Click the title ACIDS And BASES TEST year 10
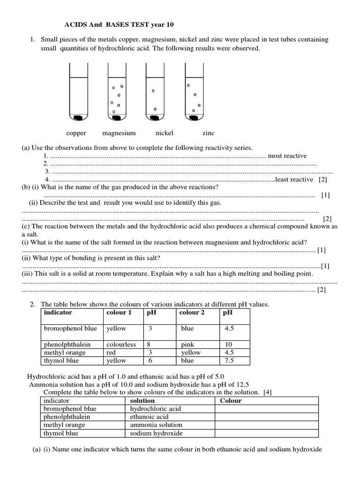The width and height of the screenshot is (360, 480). pos(121,24)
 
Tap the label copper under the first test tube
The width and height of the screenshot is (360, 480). pos(76,133)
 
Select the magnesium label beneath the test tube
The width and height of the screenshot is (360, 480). pos(119,133)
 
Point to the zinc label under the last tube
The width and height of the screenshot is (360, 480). pos(208,133)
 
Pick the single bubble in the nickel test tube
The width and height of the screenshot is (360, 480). pos(153,90)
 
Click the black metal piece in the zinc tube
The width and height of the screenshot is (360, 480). pos(193,116)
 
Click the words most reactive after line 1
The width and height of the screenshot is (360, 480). pos(287,156)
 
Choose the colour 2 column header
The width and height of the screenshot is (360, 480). pos(193,312)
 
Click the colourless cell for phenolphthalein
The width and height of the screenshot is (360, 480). pos(121,344)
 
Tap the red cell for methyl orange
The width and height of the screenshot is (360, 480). pos(112,352)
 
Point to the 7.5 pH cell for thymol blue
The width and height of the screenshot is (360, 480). pos(229,360)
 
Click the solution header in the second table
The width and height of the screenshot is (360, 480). pos(142,401)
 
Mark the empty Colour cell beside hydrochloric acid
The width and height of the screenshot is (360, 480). pos(266,409)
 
